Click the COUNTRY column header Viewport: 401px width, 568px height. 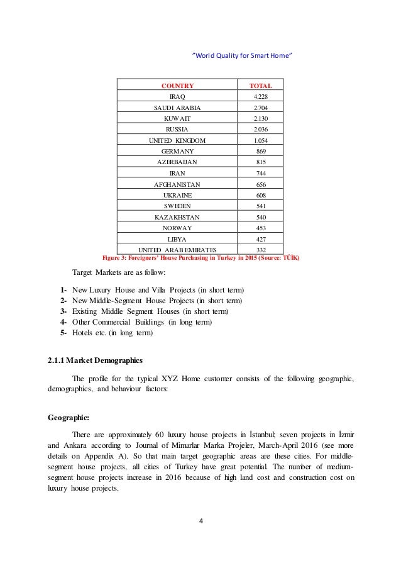click(177, 85)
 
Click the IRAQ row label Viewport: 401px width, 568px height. click(177, 97)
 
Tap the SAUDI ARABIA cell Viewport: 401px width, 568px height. click(177, 108)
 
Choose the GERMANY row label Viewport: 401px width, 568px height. click(177, 151)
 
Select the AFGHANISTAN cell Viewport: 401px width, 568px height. click(177, 184)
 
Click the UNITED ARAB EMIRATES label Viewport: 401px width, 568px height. click(177, 250)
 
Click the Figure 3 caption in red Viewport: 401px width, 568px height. click(200, 258)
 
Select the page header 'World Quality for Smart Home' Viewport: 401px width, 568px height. click(242, 55)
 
